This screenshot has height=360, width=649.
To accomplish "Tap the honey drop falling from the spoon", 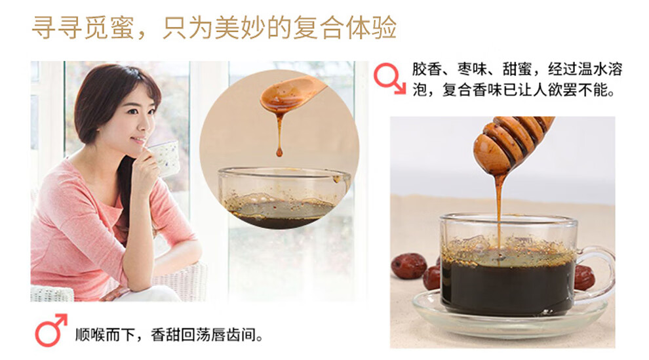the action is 279,152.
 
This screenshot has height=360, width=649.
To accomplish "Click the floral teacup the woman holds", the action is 165,157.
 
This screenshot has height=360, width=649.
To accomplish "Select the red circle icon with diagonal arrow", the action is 389,78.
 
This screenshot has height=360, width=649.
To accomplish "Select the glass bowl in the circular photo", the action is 284,198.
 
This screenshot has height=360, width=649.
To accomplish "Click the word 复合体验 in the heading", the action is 345,28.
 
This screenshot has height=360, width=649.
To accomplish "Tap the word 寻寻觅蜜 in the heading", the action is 83,28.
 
